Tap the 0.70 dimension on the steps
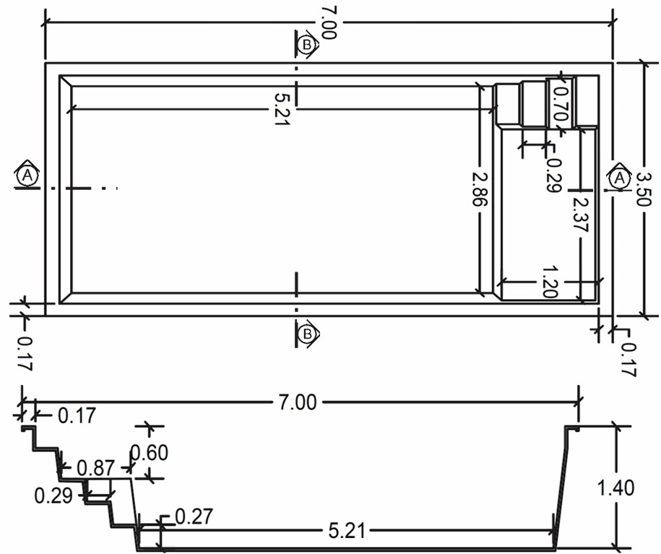561,103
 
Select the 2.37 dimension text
581,215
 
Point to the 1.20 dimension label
549,281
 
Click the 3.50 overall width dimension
644,189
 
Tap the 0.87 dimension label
96,468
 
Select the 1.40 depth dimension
616,488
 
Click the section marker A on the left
27,175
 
